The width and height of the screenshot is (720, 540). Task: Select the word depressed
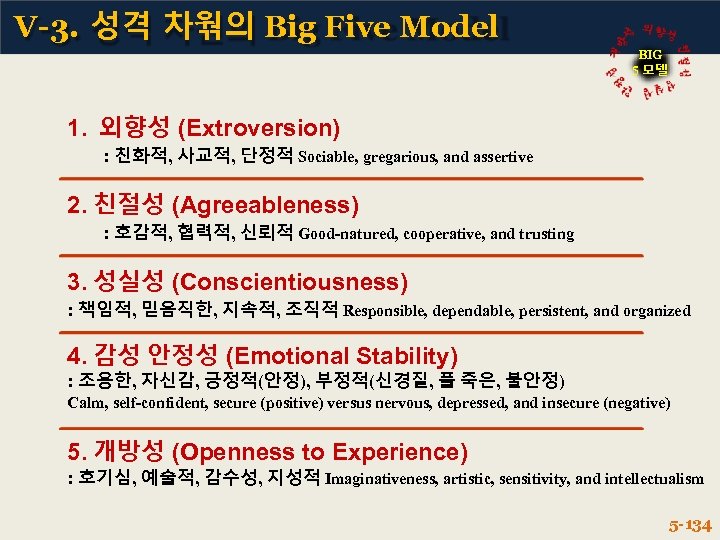point(504,403)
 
